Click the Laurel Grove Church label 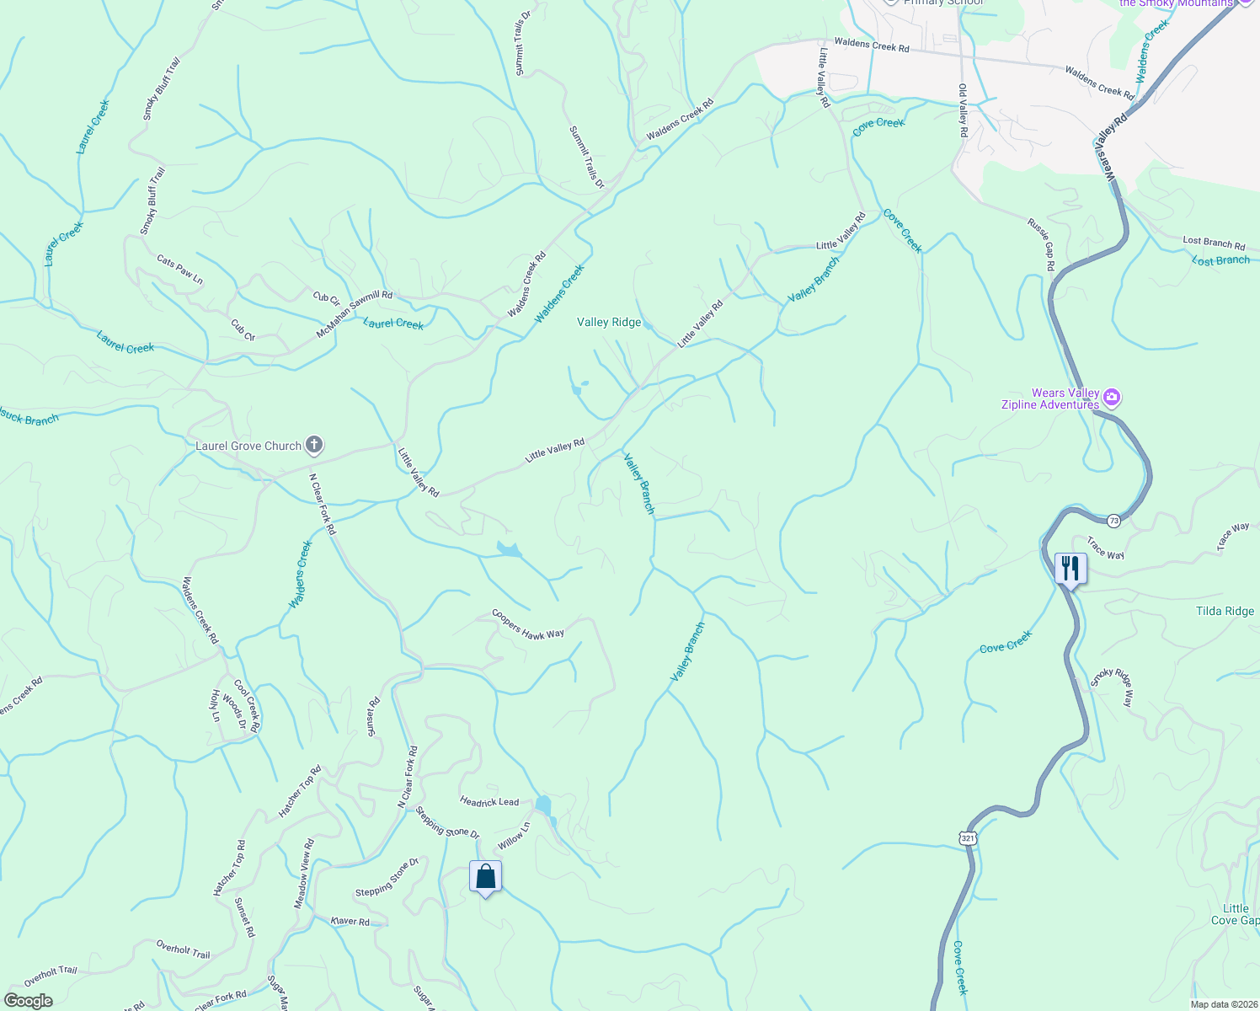click(248, 446)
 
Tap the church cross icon click(314, 444)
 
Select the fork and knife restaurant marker click(1070, 568)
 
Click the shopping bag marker click(485, 877)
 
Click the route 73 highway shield click(1113, 521)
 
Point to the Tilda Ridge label click(1225, 612)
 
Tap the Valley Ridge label click(609, 322)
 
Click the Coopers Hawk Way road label click(528, 623)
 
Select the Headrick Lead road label click(489, 802)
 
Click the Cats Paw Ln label click(180, 270)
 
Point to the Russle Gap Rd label click(1041, 244)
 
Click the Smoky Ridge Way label click(1113, 687)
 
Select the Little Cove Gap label click(1236, 914)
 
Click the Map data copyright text click(1223, 1004)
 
